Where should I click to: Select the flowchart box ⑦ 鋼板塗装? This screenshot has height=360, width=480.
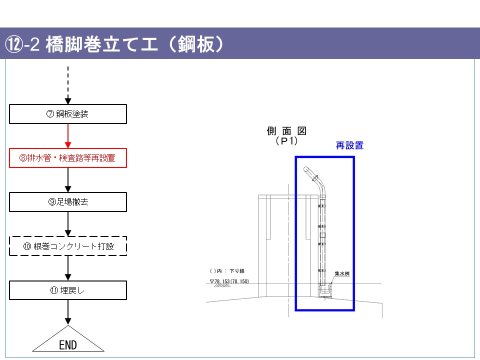tap(68, 114)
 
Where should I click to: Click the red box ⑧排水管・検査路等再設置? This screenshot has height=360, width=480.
tap(68, 158)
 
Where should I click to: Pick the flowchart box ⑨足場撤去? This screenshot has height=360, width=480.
tap(68, 202)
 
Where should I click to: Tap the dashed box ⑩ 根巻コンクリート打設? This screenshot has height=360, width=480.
tap(68, 246)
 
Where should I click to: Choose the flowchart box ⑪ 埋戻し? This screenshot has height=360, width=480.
tap(68, 290)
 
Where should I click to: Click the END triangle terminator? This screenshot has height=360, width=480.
tap(68, 342)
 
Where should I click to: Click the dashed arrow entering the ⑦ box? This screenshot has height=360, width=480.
tap(68, 85)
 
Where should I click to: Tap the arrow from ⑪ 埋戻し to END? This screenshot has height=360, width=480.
tap(68, 312)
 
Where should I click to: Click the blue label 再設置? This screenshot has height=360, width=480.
tap(349, 145)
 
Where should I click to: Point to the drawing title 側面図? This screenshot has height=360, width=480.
tap(286, 131)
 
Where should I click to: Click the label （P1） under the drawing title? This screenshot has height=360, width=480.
tap(286, 141)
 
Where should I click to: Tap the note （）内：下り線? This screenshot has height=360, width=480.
tap(227, 271)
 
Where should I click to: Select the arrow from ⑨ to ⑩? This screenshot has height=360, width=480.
tap(68, 224)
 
